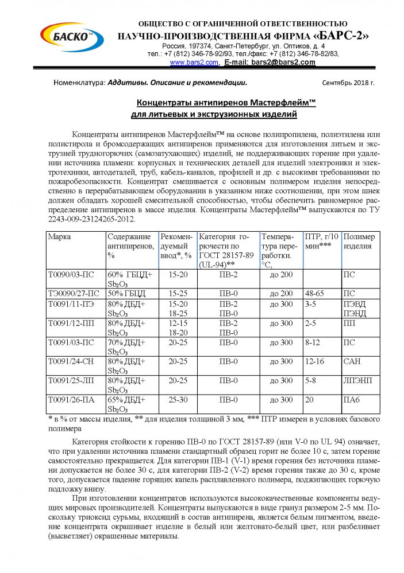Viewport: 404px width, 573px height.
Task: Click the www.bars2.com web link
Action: tap(194, 62)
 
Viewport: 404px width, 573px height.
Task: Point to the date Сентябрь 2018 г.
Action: tap(348, 83)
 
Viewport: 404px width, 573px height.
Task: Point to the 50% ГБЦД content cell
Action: tap(129, 293)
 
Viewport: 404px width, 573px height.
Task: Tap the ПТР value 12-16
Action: tap(315, 361)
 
